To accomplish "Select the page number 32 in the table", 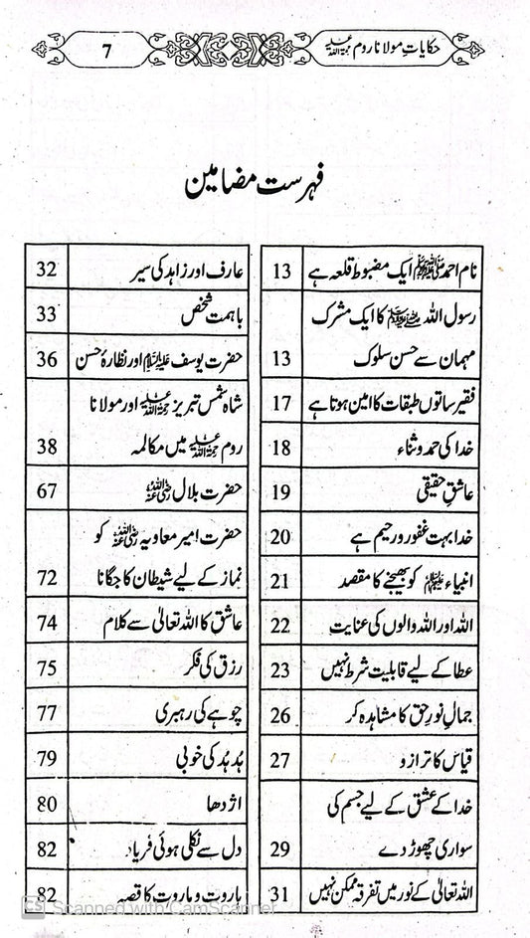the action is click(x=44, y=269).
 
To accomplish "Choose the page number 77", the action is click(x=45, y=712).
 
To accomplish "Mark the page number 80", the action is click(x=45, y=805).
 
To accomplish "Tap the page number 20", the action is click(x=280, y=538).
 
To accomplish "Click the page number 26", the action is click(x=280, y=714).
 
